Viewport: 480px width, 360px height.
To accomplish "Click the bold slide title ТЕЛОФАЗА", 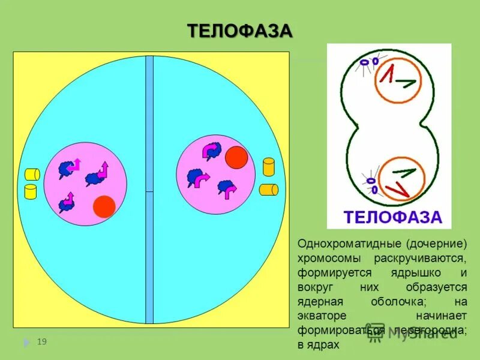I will coord(240,31).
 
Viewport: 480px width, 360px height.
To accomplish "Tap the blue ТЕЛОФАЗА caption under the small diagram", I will coord(392,217).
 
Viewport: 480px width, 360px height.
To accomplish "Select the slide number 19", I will coord(41,342).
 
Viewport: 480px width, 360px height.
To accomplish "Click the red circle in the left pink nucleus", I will coord(104,206).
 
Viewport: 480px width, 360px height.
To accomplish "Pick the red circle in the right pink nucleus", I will coord(236,157).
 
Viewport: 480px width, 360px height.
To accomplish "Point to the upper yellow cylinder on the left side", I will coord(32,174).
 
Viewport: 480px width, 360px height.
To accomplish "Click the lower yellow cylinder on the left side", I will coord(29,191).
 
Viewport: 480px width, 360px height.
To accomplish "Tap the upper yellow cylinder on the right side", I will coord(269,166).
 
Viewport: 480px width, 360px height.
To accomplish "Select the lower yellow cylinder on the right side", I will coord(268,190).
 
